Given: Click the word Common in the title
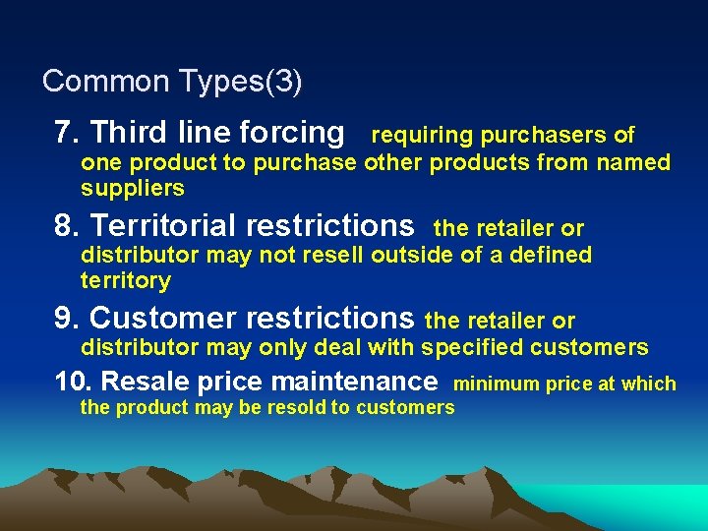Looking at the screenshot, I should [91, 81].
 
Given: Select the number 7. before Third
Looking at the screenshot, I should [68, 132].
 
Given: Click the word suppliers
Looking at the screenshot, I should [133, 188].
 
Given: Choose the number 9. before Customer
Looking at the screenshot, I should [68, 319].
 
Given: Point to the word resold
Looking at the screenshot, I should [295, 407].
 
